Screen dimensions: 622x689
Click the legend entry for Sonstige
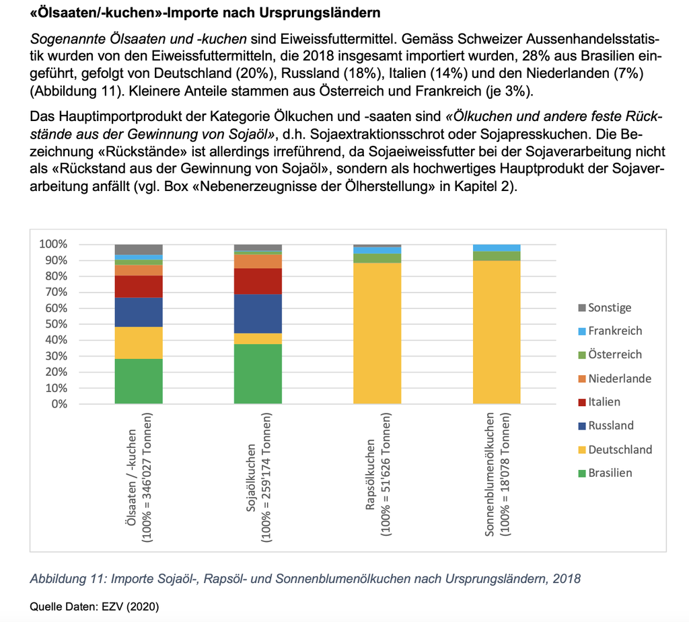pos(609,307)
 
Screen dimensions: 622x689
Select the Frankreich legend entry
pos(614,331)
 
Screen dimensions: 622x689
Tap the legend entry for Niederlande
pos(619,379)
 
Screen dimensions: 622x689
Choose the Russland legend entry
pos(611,426)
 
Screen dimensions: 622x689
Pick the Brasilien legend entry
pos(610,473)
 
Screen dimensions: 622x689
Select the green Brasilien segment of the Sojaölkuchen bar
pos(258,373)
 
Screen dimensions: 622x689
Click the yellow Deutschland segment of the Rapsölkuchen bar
pos(377,333)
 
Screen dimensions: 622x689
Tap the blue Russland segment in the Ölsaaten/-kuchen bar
pos(139,312)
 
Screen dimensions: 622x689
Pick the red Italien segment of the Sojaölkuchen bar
pos(258,281)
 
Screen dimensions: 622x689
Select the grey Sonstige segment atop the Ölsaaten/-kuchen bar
pos(139,249)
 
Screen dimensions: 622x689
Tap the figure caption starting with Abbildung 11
pos(305,578)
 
